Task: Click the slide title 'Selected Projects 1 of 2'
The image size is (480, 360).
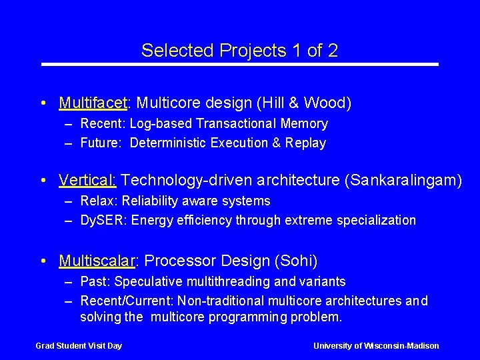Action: pos(239,50)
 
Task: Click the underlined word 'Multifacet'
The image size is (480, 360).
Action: pos(93,103)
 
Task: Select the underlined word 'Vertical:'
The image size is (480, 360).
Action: pos(88,180)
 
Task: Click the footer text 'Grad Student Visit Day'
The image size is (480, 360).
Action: pos(79,345)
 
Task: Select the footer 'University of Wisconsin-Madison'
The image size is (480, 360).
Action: pos(376,345)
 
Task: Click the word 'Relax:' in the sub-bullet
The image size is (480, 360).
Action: pos(98,201)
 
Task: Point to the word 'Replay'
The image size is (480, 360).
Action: pos(305,143)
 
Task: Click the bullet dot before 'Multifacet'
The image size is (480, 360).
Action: pos(43,103)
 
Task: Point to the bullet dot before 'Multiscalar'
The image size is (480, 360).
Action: pos(43,261)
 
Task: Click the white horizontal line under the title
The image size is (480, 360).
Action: pos(240,64)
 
